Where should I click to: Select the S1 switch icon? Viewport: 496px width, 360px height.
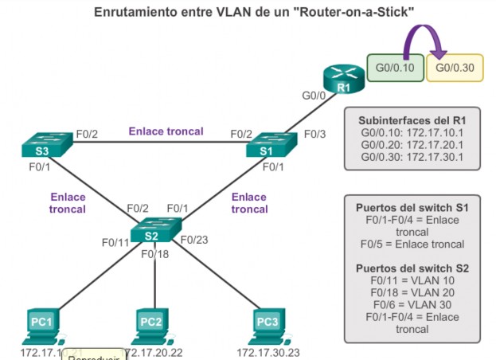click(x=271, y=146)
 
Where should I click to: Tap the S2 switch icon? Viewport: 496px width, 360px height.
click(x=152, y=233)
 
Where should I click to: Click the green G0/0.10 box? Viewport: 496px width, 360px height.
click(x=393, y=68)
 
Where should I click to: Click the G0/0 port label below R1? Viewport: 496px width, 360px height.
click(x=314, y=97)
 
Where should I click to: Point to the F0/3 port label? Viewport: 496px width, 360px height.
click(x=315, y=134)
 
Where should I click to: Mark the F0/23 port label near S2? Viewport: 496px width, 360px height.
click(x=194, y=238)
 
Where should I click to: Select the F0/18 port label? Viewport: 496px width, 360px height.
click(x=154, y=255)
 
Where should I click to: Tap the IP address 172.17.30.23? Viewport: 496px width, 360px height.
click(x=267, y=351)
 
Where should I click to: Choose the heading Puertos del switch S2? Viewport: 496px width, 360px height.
click(x=412, y=268)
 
